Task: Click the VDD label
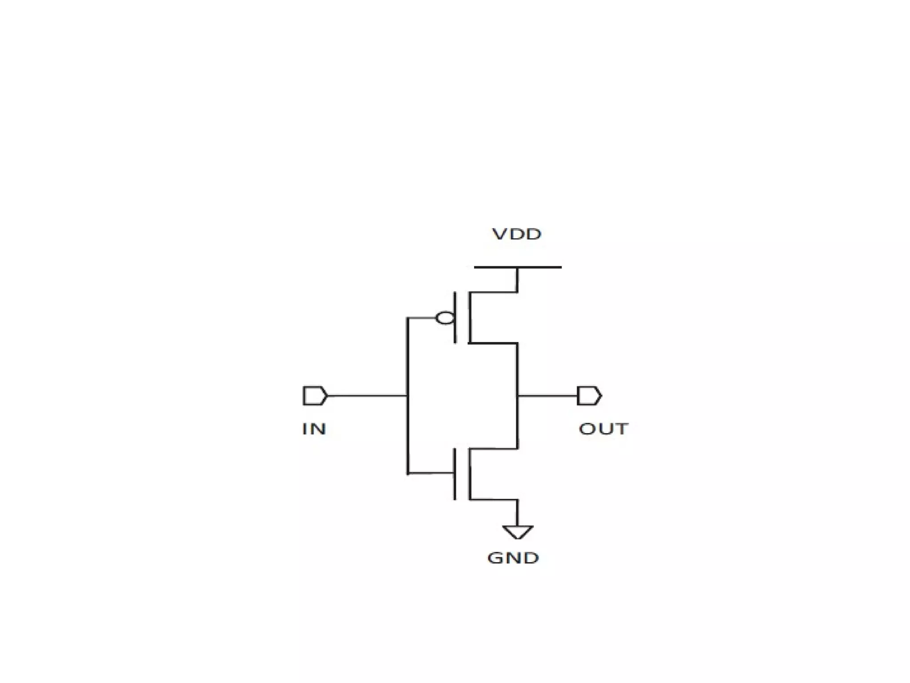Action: point(517,234)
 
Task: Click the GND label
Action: point(513,558)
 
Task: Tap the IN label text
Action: point(314,429)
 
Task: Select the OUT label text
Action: point(603,429)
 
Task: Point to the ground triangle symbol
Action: point(518,531)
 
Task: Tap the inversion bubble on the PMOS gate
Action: point(445,318)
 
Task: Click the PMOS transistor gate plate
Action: point(455,317)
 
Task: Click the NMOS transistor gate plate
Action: point(455,474)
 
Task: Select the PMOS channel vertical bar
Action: point(469,317)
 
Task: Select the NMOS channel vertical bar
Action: point(469,474)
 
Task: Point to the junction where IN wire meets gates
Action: point(407,395)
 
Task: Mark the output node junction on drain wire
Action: point(518,395)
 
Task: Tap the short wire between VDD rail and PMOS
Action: point(518,280)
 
